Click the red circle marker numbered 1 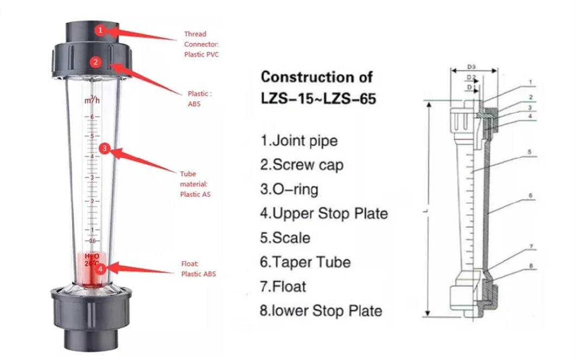[x=100, y=31]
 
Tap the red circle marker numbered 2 [x=95, y=62]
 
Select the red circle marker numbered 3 [x=105, y=147]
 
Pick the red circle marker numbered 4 [x=100, y=268]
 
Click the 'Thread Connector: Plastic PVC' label [x=201, y=44]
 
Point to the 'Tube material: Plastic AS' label [x=195, y=184]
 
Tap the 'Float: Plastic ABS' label [x=198, y=269]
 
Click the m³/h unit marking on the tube [x=91, y=101]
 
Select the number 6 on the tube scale [x=92, y=117]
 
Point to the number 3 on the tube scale [x=92, y=178]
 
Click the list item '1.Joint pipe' [x=299, y=141]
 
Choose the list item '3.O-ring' [x=289, y=189]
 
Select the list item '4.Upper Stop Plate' [x=324, y=213]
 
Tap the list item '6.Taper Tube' [x=305, y=262]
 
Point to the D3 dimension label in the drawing [x=472, y=68]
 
